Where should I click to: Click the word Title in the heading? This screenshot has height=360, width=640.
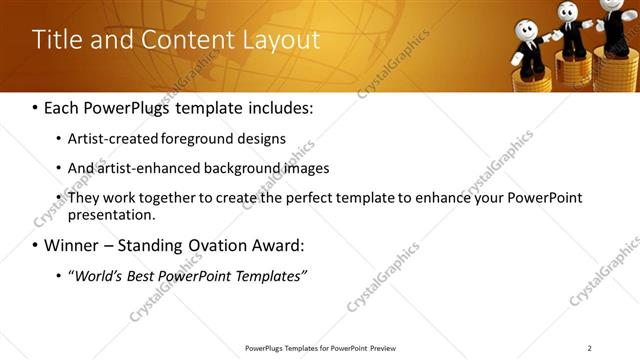[56, 40]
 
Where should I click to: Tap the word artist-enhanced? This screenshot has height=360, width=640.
[141, 168]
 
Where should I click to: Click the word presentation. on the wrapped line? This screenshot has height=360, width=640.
[111, 214]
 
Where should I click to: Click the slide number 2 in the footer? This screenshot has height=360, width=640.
[589, 348]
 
